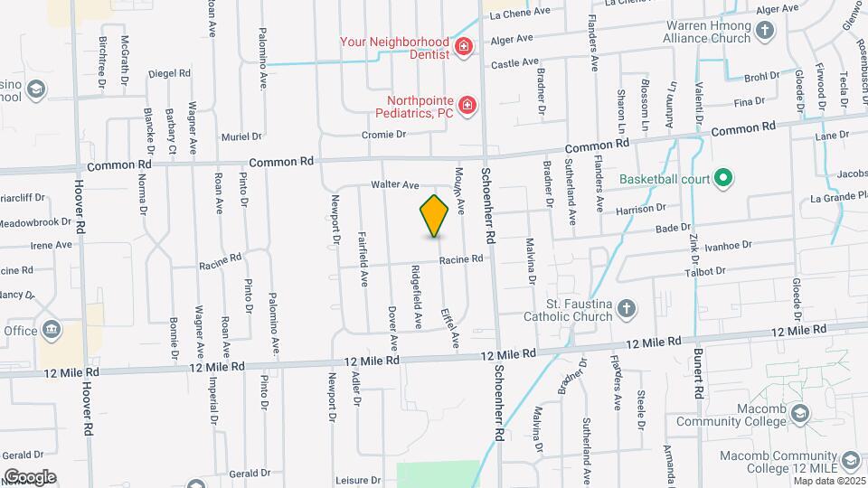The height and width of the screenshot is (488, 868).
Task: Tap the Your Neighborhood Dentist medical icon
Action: [x=464, y=46]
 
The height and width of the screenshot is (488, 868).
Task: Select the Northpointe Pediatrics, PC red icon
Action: [x=467, y=107]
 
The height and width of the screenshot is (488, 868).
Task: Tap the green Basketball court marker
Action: [x=722, y=178]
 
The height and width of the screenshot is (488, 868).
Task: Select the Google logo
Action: [x=29, y=477]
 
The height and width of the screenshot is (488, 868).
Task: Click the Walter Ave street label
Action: [x=395, y=185]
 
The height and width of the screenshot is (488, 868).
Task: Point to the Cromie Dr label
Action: [x=384, y=134]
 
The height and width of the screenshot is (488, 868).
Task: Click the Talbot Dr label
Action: [x=705, y=271]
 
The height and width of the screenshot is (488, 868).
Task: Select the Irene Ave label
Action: [x=51, y=245]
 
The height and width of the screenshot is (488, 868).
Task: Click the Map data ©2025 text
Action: [x=829, y=480]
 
